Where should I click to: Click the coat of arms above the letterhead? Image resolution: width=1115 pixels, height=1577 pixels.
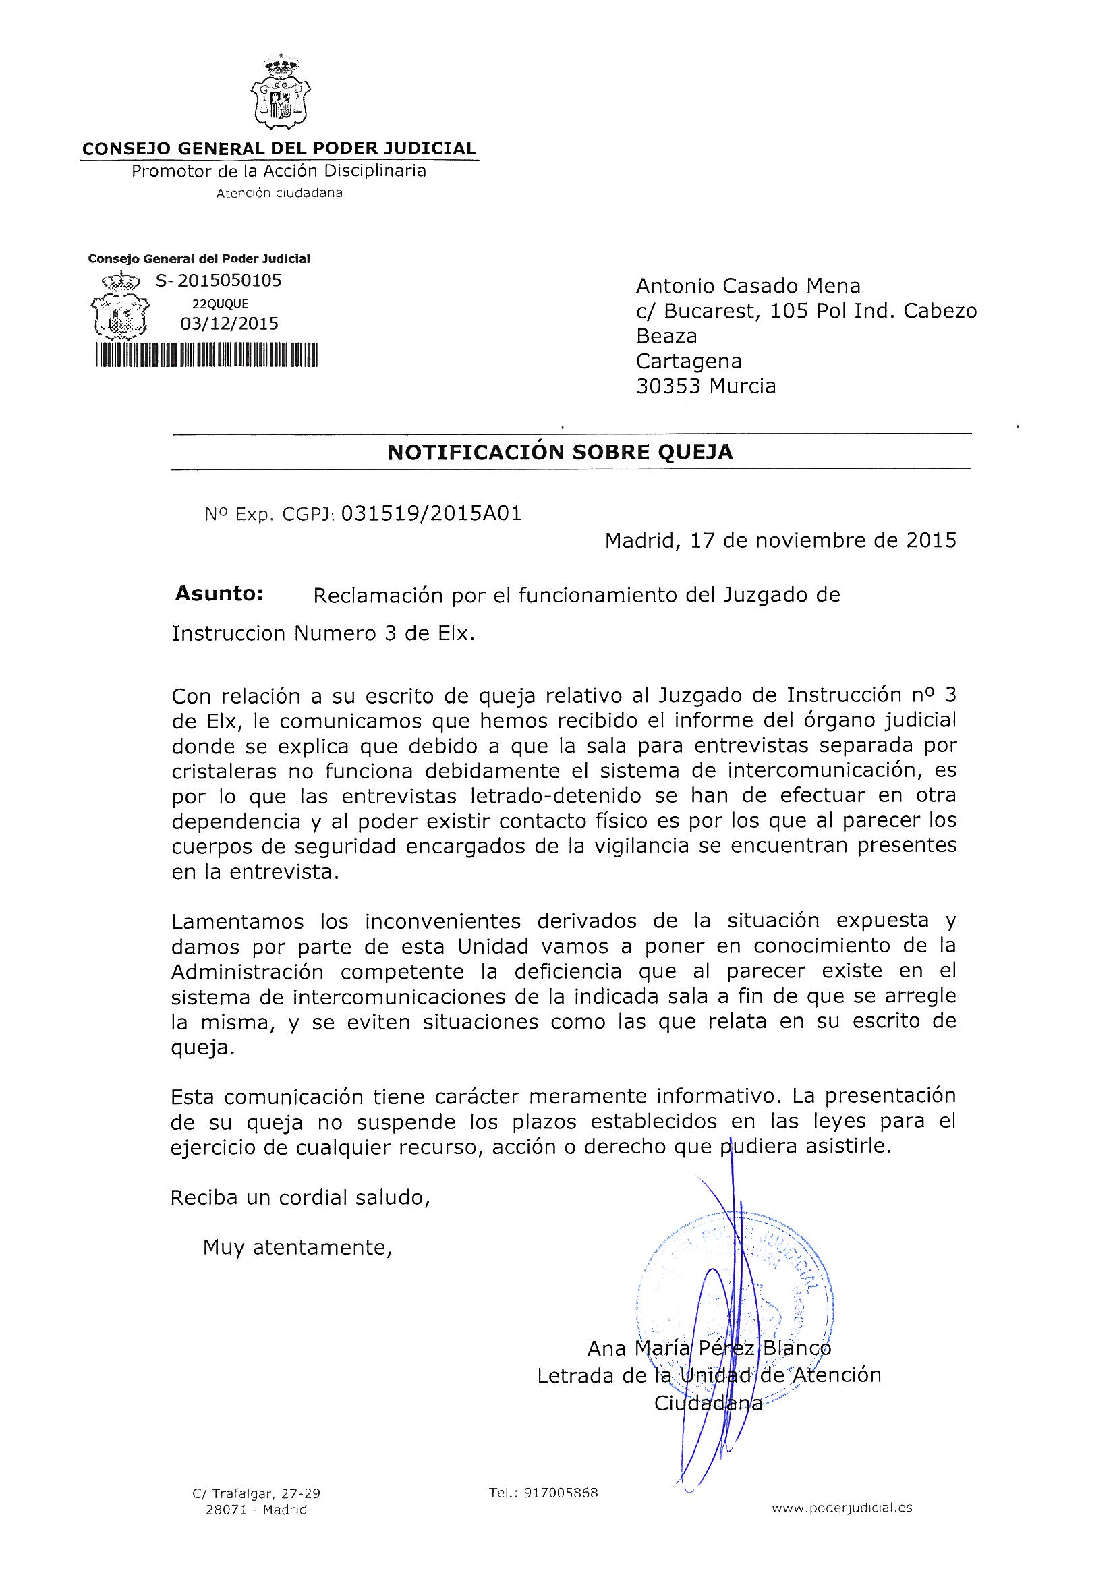pyautogui.click(x=281, y=97)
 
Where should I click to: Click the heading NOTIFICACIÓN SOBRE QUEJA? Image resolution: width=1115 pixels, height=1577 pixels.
pyautogui.click(x=560, y=452)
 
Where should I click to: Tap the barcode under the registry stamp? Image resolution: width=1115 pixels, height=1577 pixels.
pyautogui.click(x=206, y=357)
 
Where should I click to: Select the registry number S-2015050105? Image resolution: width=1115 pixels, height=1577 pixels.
pyautogui.click(x=219, y=280)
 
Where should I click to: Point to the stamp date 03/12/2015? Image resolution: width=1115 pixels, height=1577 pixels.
pyautogui.click(x=229, y=324)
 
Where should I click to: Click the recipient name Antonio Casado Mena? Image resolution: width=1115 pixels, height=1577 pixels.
pyautogui.click(x=748, y=286)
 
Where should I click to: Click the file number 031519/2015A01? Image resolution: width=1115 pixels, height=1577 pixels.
pyautogui.click(x=431, y=513)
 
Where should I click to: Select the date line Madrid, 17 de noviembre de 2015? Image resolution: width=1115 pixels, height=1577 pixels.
pyautogui.click(x=780, y=540)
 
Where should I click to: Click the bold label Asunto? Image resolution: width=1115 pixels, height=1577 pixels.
pyautogui.click(x=219, y=594)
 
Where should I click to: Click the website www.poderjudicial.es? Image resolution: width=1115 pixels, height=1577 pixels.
pyautogui.click(x=842, y=1508)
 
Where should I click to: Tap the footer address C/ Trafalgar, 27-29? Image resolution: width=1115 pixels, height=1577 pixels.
pyautogui.click(x=256, y=1493)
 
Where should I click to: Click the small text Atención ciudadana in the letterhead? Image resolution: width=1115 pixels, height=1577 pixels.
pyautogui.click(x=280, y=193)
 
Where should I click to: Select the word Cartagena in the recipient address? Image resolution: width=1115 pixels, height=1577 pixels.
pyautogui.click(x=689, y=361)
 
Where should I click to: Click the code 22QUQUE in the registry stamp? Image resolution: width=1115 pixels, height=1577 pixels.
pyautogui.click(x=220, y=304)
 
